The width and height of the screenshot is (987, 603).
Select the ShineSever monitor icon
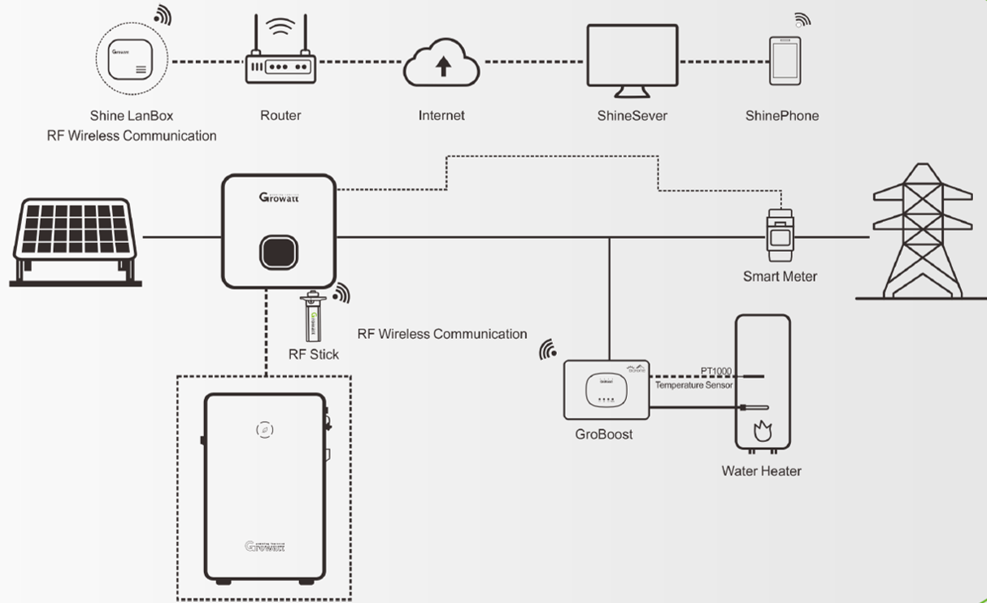coord(633,59)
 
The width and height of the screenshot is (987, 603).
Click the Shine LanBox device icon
coord(132,59)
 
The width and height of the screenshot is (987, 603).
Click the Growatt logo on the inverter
coord(279,197)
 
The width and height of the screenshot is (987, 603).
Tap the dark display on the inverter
coord(279,253)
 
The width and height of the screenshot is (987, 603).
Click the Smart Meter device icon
coord(780,235)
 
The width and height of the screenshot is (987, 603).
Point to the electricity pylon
coord(922,231)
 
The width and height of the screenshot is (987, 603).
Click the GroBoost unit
coord(607,389)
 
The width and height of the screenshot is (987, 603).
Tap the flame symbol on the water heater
coord(762,431)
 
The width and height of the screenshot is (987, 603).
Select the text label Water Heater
coord(761,471)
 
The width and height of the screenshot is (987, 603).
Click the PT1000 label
coord(716,371)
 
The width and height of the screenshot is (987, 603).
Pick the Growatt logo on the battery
coord(264,546)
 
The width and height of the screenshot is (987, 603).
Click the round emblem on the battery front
coord(264,429)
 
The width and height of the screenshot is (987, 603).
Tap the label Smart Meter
coord(780,276)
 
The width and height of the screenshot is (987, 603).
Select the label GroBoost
coord(603,434)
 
